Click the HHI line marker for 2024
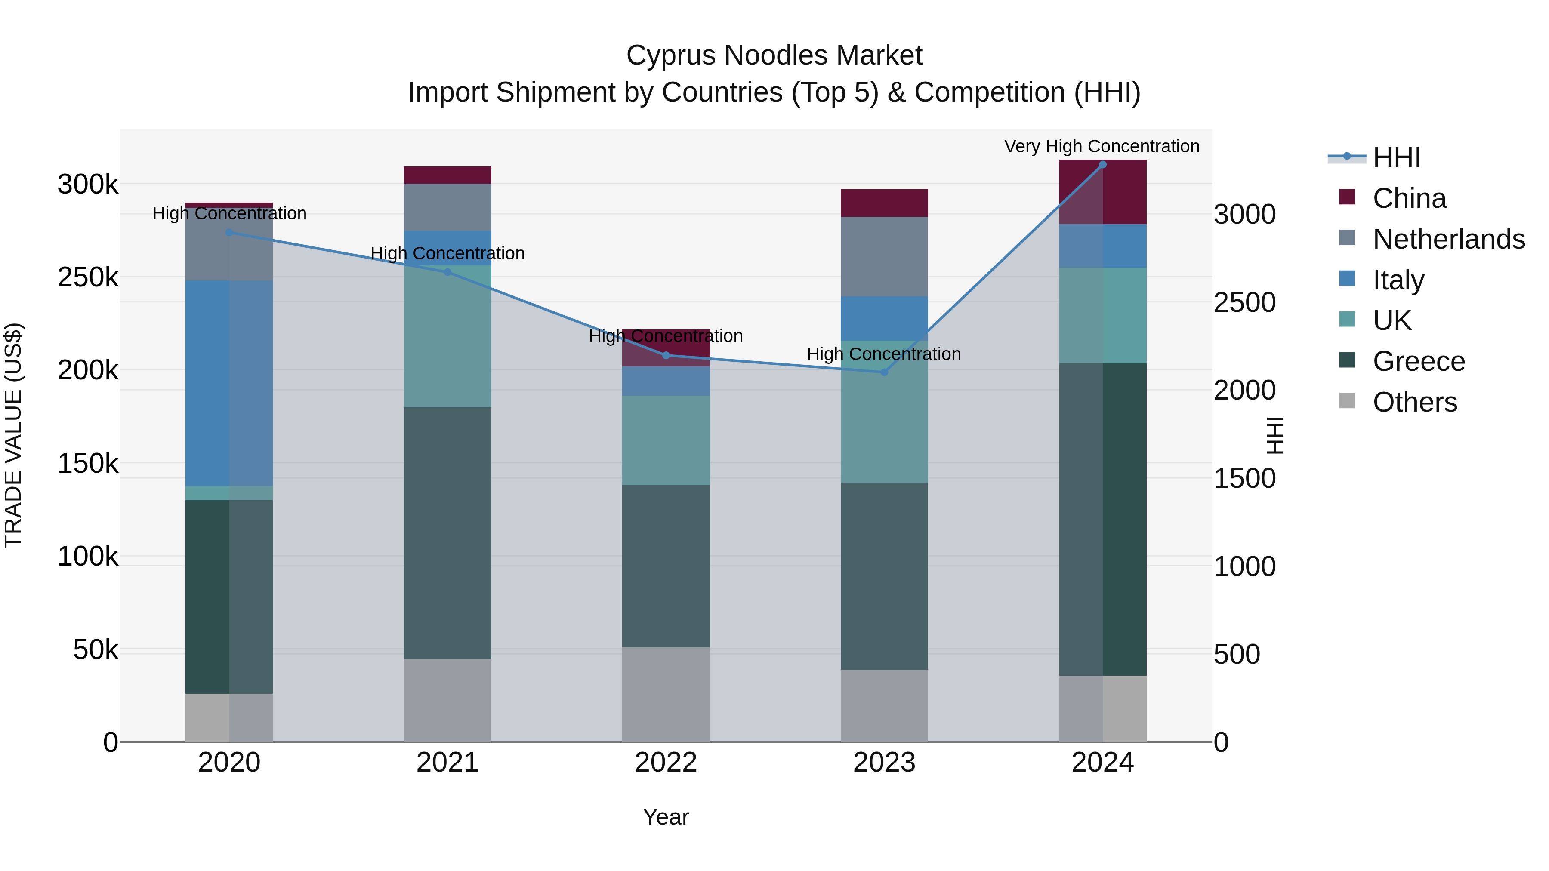tap(1102, 165)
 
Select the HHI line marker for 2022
tap(666, 355)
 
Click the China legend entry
tap(1409, 198)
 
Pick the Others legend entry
tap(1414, 402)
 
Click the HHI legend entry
tap(1396, 157)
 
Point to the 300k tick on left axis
tap(88, 184)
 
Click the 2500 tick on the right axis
tap(1244, 302)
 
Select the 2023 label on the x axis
tap(884, 763)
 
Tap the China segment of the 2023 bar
tap(884, 203)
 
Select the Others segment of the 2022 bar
tap(666, 694)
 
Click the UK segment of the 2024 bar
tap(1102, 316)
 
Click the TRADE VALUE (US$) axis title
tap(13, 435)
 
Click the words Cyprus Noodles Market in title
tap(774, 55)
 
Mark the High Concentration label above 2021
tap(447, 254)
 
